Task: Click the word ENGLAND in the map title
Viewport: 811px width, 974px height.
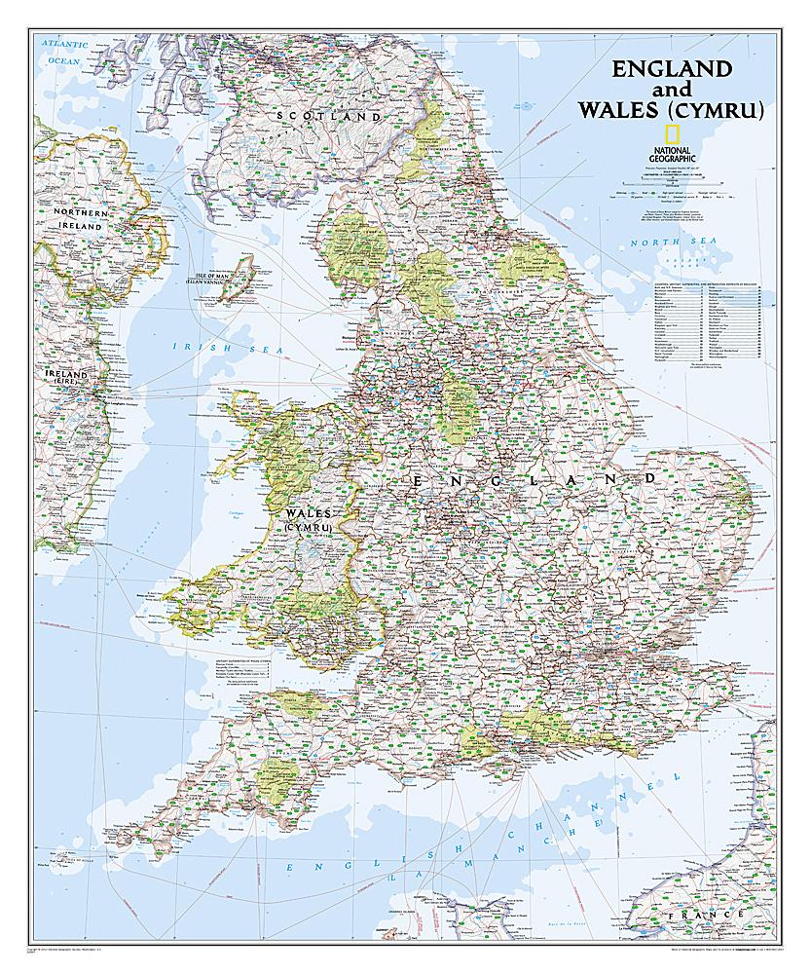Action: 671,69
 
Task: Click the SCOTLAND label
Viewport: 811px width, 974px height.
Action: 328,116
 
